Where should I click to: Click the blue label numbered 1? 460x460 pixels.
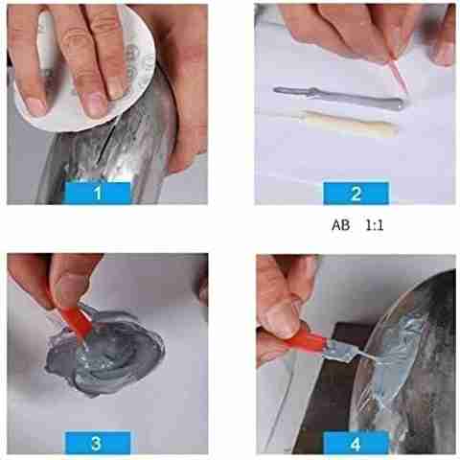[x=98, y=193]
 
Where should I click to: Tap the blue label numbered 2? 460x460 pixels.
[x=356, y=194]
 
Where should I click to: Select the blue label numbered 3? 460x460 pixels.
[x=98, y=443]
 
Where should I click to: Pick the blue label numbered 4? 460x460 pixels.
[x=356, y=444]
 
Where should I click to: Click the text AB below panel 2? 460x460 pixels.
[x=341, y=225]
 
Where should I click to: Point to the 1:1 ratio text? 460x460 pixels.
[x=375, y=226]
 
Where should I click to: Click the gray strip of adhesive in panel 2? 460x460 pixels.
[x=339, y=98]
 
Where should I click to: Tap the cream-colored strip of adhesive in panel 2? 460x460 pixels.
[x=349, y=124]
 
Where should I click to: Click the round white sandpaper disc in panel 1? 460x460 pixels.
[x=84, y=69]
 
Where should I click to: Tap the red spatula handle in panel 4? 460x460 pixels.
[x=306, y=342]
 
